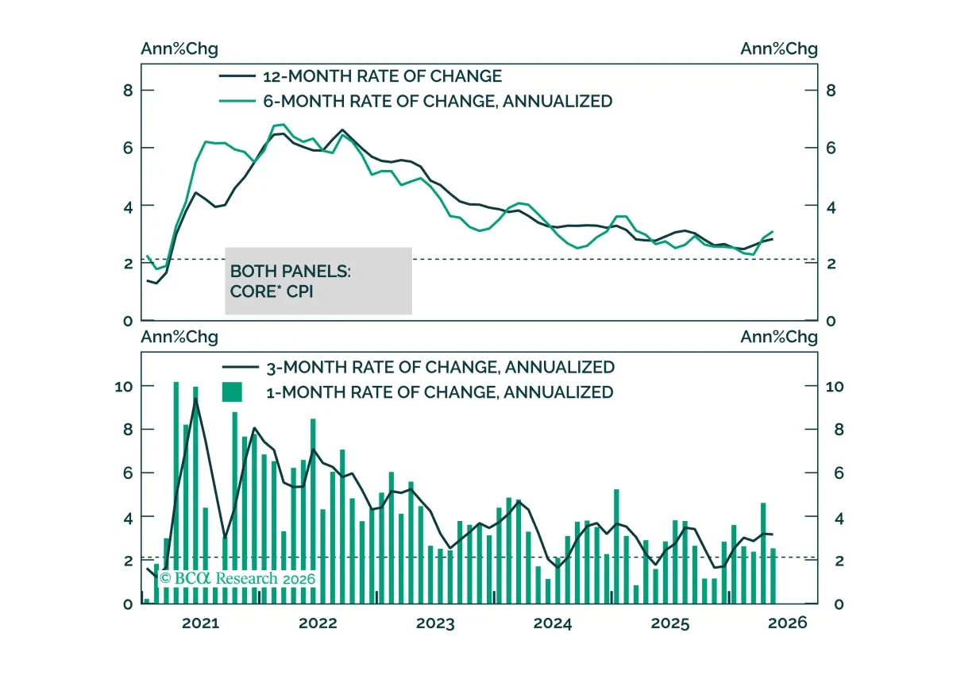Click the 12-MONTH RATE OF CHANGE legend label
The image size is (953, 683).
[x=382, y=76]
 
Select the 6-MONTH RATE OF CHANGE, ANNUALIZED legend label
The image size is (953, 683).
[x=438, y=102]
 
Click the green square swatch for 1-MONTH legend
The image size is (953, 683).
[x=232, y=392]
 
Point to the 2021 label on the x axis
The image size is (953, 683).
[x=200, y=623]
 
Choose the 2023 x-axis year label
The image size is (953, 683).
[x=435, y=623]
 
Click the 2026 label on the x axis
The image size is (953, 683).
[x=788, y=623]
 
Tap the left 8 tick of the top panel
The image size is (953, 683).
[x=128, y=91]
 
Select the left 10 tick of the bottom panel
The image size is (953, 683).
[x=124, y=387]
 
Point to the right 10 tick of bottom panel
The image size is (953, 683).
[x=835, y=387]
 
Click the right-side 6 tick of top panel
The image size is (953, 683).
[x=831, y=148]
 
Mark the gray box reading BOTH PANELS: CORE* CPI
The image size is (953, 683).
[x=318, y=281]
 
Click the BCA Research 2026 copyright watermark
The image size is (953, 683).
[x=237, y=578]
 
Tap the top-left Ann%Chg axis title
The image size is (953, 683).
[x=179, y=49]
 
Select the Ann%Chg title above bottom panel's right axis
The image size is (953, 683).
[x=779, y=337]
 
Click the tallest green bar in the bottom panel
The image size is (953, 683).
[x=176, y=492]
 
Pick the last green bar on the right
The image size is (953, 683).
[x=773, y=577]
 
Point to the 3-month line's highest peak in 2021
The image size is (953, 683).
[x=195, y=399]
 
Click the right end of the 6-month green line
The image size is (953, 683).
[x=773, y=231]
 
